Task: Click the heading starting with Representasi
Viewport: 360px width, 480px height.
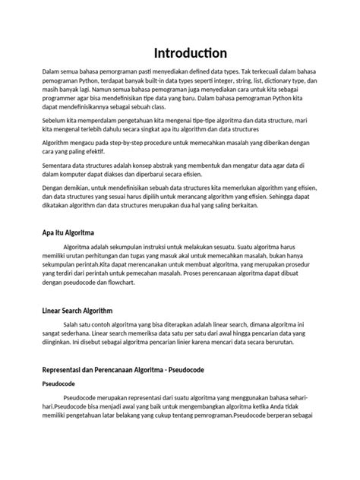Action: pyautogui.click(x=128, y=369)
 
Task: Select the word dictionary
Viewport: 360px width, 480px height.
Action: pyautogui.click(x=285, y=81)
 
